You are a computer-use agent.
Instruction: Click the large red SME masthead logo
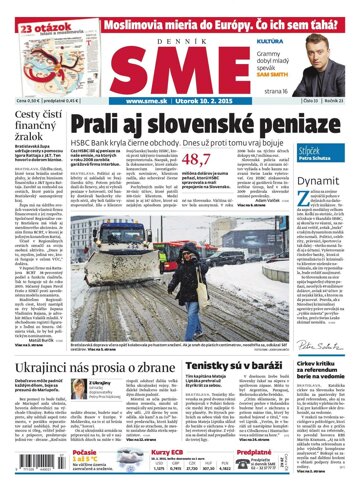182,51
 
